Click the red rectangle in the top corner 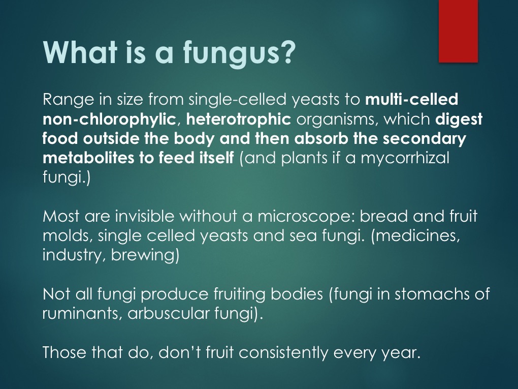coord(458,31)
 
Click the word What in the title coord(80,52)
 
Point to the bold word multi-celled coord(412,99)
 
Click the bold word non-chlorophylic coord(109,119)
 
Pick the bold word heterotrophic coord(239,119)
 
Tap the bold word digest coord(459,119)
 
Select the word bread coord(383,216)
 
